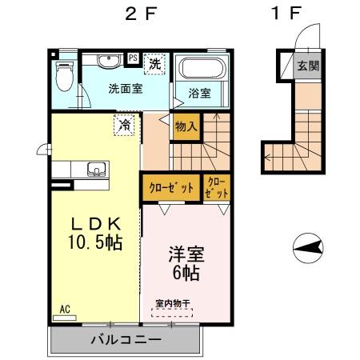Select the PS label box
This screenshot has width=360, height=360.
[x=134, y=58]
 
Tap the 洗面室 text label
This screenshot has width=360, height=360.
[x=125, y=88]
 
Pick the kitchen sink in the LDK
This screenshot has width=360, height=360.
[x=95, y=169]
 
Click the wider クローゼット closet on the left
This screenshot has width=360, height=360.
[x=171, y=189]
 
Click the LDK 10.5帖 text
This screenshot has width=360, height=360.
[x=94, y=232]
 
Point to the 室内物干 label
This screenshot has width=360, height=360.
[x=173, y=303]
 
